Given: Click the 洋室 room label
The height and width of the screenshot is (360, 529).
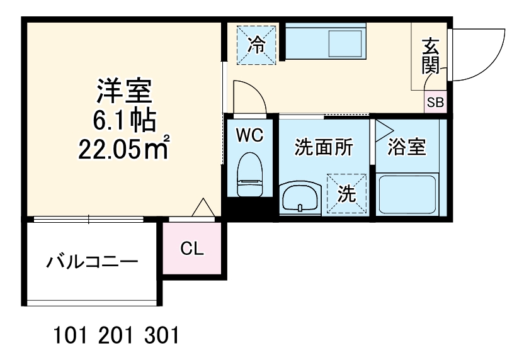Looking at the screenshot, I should click(x=124, y=91).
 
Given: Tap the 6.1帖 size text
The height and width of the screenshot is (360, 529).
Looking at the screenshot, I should click(x=123, y=120).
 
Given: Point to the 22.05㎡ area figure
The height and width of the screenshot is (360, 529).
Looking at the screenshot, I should click(x=123, y=149).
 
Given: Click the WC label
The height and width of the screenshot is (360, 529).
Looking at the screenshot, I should click(x=250, y=134).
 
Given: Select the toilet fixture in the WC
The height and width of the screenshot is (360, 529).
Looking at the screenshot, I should click(x=249, y=177).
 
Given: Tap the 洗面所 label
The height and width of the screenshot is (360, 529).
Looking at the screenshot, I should click(x=324, y=147).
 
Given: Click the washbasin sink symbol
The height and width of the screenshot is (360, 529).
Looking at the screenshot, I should click(x=300, y=199).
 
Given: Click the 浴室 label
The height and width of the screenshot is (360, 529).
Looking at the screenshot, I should click(x=407, y=147).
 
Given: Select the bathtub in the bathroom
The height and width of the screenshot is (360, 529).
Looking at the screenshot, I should click(x=407, y=194).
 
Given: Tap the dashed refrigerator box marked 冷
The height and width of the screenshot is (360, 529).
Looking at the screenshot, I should click(x=256, y=44).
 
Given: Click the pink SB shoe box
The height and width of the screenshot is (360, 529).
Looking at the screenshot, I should click(x=435, y=103).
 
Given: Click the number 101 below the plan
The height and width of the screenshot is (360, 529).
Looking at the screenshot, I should click(x=69, y=334).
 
